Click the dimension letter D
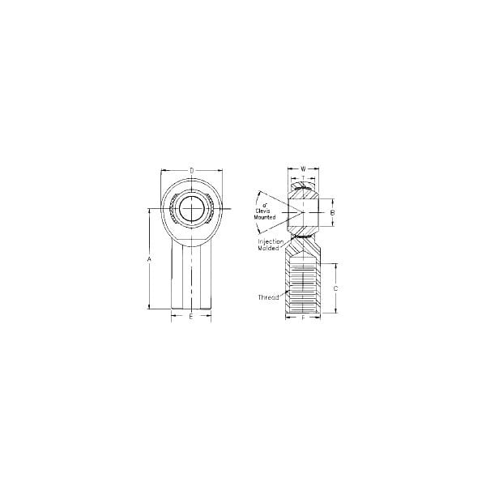pyautogui.click(x=191, y=170)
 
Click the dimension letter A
pyautogui.click(x=149, y=259)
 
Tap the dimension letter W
pyautogui.click(x=303, y=169)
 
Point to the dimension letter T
pyautogui.click(x=303, y=177)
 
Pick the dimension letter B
pyautogui.click(x=333, y=212)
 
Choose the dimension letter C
pyautogui.click(x=335, y=288)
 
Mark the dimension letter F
pyautogui.click(x=303, y=318)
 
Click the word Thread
pyautogui.click(x=269, y=297)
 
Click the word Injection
pyautogui.click(x=270, y=241)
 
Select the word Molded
pyautogui.click(x=270, y=248)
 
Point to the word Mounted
pyautogui.click(x=266, y=217)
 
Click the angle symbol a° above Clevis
pyautogui.click(x=266, y=206)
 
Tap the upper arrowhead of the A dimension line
pyautogui.click(x=149, y=213)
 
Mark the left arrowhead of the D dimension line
pyautogui.click(x=163, y=170)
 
